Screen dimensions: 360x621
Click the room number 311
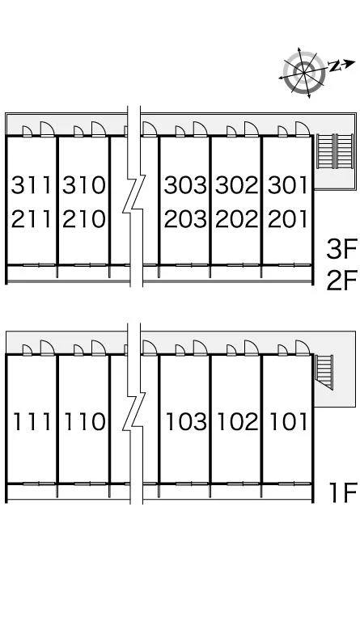[32, 185]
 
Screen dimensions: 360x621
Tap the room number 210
[84, 219]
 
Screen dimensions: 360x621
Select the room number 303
[185, 185]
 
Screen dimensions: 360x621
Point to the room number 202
[236, 219]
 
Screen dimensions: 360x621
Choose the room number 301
[287, 185]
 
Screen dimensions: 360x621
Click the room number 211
[32, 219]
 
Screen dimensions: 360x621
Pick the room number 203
[185, 219]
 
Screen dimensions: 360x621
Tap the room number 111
[32, 421]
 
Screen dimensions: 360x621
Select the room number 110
[84, 421]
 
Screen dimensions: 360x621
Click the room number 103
[186, 421]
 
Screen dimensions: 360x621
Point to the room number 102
[238, 421]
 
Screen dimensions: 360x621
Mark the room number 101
[288, 421]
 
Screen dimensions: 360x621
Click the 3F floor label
[342, 248]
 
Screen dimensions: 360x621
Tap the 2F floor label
[342, 280]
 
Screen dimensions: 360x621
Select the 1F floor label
[344, 492]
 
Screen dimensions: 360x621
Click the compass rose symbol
[304, 73]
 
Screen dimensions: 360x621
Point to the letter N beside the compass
[335, 66]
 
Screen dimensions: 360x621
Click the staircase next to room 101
[324, 372]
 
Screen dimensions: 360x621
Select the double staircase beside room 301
[335, 151]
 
